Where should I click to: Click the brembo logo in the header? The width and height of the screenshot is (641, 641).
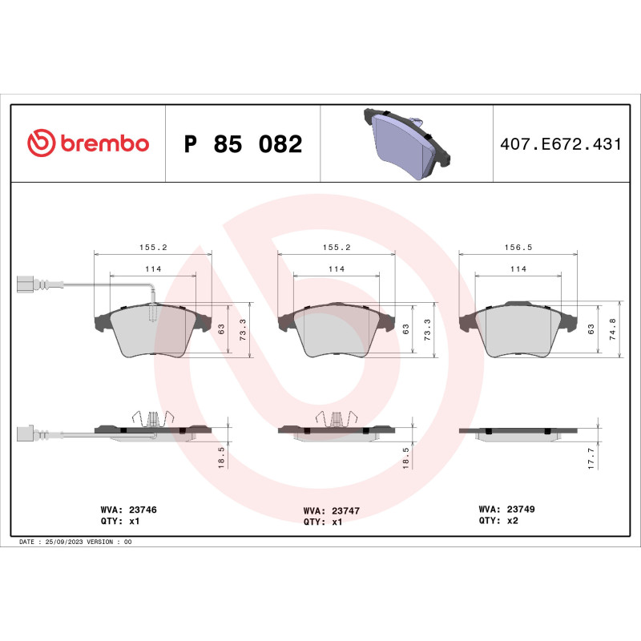click(x=88, y=143)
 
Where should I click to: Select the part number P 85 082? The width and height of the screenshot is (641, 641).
click(x=243, y=144)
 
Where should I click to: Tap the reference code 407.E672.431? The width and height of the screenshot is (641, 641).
click(x=560, y=144)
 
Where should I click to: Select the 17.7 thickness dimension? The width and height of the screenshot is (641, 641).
click(x=591, y=458)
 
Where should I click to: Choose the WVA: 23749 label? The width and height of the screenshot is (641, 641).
click(x=507, y=509)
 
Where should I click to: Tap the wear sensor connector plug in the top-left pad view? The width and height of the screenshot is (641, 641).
click(x=27, y=284)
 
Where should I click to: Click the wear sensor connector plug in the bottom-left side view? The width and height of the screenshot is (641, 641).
click(x=27, y=433)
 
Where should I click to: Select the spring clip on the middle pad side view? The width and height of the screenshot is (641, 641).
click(x=336, y=418)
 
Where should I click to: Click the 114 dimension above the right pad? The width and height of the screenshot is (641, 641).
click(x=518, y=269)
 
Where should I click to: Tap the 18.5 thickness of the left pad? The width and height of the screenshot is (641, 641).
click(x=222, y=458)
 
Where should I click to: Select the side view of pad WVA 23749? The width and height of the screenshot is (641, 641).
click(x=518, y=432)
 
